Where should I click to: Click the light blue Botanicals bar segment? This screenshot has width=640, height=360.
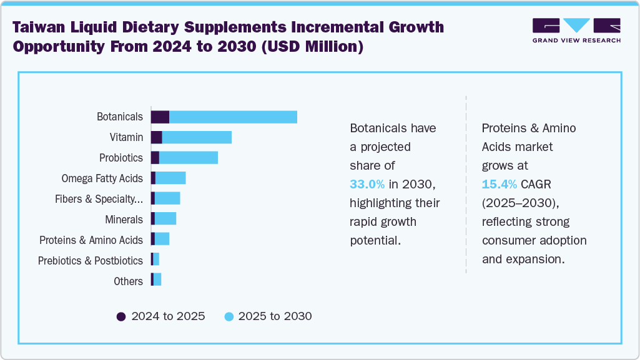233,117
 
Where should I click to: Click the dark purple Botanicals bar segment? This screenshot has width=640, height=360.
160,117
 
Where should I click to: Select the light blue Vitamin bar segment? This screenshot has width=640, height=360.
197,137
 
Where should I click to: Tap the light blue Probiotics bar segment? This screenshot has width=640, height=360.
189,158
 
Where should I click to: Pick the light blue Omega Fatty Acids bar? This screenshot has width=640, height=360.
170,178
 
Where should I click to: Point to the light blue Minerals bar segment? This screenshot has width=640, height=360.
165,218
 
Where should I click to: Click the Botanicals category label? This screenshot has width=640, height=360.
120,117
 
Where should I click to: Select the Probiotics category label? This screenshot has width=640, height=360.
121,158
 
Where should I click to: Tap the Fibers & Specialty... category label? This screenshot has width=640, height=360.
99,198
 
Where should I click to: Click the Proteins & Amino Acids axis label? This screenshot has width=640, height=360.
91,240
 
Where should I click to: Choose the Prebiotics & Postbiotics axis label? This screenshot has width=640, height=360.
91,260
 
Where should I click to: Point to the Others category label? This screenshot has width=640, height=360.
128,281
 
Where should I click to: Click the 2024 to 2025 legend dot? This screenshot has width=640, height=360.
121,316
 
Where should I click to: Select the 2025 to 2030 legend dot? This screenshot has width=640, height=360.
229,316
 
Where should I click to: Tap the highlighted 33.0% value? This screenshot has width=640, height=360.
367,185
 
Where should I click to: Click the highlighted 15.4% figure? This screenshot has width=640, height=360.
499,185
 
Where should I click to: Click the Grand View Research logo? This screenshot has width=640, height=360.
576,29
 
